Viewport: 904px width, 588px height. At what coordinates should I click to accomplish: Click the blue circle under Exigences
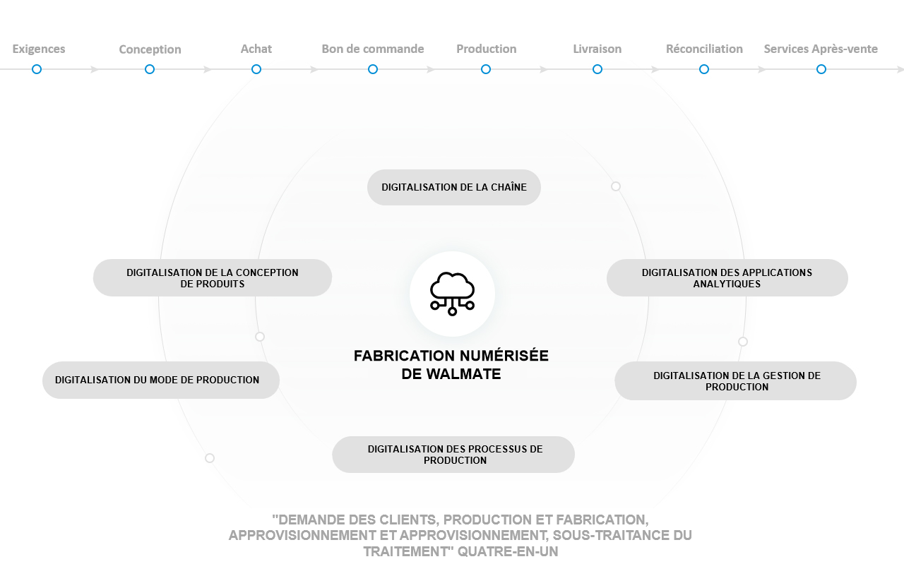[x=37, y=69]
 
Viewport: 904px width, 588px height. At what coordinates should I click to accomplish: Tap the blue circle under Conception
[x=150, y=69]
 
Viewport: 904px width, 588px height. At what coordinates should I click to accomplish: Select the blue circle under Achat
[x=256, y=69]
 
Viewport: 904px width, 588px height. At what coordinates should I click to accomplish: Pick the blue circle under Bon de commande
[x=373, y=69]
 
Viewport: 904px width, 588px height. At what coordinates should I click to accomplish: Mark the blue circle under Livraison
[x=597, y=69]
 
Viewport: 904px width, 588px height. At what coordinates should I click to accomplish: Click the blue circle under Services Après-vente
[x=821, y=69]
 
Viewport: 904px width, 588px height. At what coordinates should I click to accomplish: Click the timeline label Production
[x=487, y=49]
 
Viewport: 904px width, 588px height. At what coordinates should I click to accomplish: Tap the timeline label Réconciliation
[x=704, y=49]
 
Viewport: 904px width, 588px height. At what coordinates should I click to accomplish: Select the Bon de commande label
[x=373, y=49]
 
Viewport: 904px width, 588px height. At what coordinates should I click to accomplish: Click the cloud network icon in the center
[x=453, y=294]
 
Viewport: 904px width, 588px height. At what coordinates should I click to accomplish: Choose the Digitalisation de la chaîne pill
[x=454, y=187]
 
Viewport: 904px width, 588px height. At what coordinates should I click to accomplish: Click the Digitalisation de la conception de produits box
[x=213, y=278]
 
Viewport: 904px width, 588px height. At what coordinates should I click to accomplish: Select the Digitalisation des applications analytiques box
[x=727, y=278]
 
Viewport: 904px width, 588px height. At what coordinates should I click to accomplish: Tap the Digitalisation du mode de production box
[x=161, y=380]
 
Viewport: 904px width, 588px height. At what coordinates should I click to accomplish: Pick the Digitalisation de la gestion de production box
[x=736, y=380]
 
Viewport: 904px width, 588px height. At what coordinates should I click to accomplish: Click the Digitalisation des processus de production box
[x=453, y=455]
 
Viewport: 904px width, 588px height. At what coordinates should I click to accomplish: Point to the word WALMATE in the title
[x=464, y=374]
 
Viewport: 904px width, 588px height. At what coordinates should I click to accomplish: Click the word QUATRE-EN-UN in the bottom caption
[x=508, y=551]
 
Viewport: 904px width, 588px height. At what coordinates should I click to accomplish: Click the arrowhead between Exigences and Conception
[x=95, y=69]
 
